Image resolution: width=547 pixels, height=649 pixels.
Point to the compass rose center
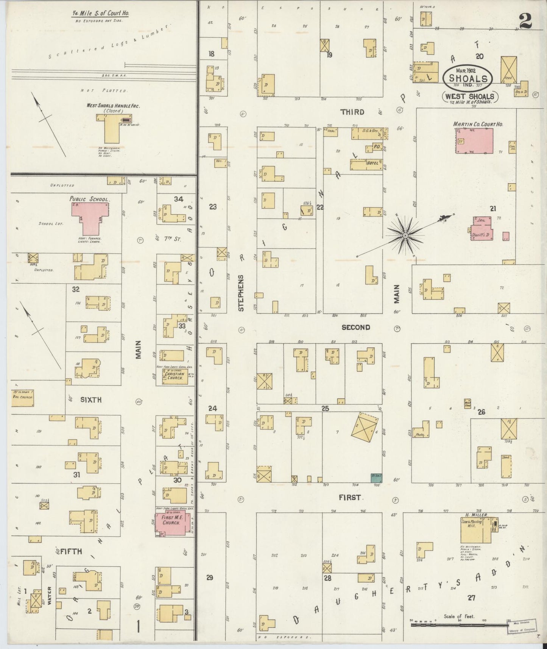pyautogui.click(x=405, y=236)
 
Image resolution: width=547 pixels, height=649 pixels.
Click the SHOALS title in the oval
pyautogui.click(x=468, y=78)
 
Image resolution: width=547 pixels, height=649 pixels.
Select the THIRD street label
pyautogui.click(x=352, y=112)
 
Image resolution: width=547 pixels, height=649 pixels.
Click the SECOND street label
pyautogui.click(x=355, y=327)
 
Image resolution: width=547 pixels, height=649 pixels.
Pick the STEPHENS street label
pyautogui.click(x=241, y=293)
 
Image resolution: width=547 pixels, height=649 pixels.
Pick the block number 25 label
pyautogui.click(x=325, y=408)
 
